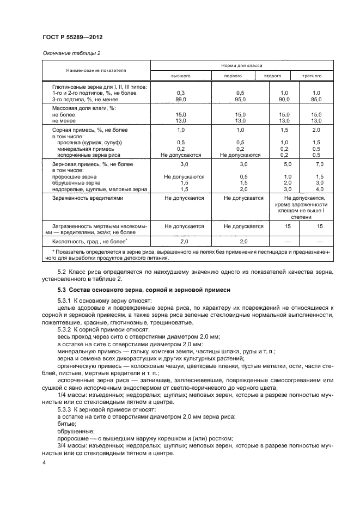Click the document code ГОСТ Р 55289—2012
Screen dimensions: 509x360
(72, 37)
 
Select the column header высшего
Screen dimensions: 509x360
(181, 76)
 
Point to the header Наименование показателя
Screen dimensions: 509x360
(96, 70)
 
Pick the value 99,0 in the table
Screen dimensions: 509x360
(181, 100)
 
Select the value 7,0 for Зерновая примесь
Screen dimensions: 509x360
(319, 163)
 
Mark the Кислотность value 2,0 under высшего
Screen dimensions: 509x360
(184, 241)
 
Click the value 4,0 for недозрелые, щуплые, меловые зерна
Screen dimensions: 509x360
(319, 189)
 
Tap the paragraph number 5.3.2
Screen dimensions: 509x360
(67, 330)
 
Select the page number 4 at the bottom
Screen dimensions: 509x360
(44, 463)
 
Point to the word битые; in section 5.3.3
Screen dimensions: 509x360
(67, 424)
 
